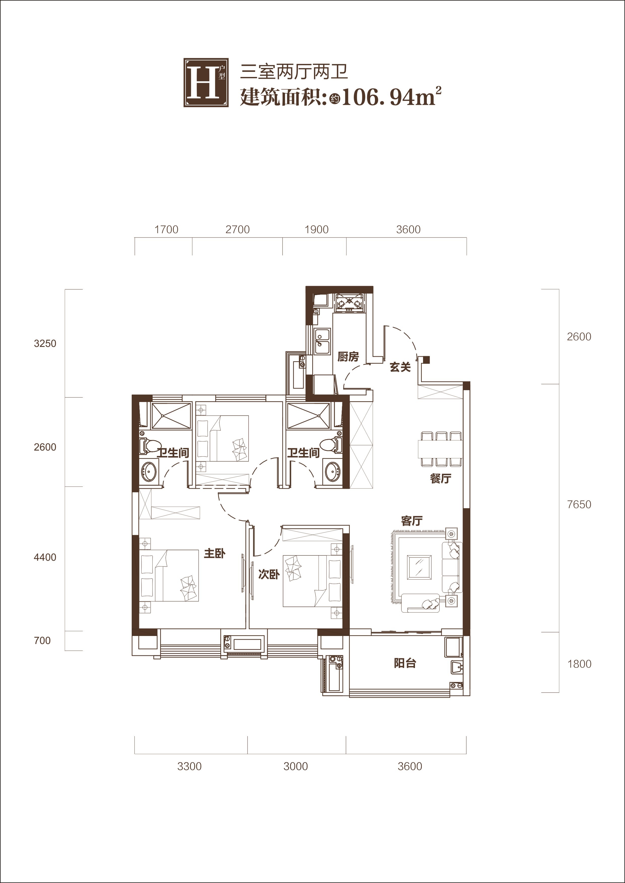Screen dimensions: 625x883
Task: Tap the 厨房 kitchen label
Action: (348, 357)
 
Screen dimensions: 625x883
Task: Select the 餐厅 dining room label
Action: (440, 479)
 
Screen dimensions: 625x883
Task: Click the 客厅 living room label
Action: (411, 521)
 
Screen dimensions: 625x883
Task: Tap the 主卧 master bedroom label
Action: (214, 553)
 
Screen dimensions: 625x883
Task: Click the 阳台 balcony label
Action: (405, 663)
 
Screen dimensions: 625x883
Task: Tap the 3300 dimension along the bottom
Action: (189, 767)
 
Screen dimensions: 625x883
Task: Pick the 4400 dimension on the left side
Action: (45, 557)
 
